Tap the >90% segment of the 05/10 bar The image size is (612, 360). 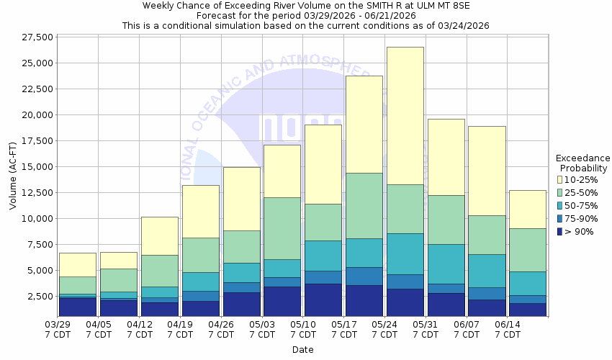[323, 300]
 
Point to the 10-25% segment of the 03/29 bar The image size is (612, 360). [78, 264]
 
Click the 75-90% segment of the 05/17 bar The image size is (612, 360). [364, 276]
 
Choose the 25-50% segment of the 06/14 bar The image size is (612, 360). [528, 250]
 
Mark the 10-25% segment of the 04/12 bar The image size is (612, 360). [160, 235]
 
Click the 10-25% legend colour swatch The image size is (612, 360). [561, 180]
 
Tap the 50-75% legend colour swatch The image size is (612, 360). [561, 206]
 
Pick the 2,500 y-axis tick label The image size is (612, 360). [39, 296]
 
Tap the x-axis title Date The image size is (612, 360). [302, 349]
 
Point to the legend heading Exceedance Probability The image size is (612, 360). [583, 163]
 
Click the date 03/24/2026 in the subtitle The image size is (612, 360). [460, 25]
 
